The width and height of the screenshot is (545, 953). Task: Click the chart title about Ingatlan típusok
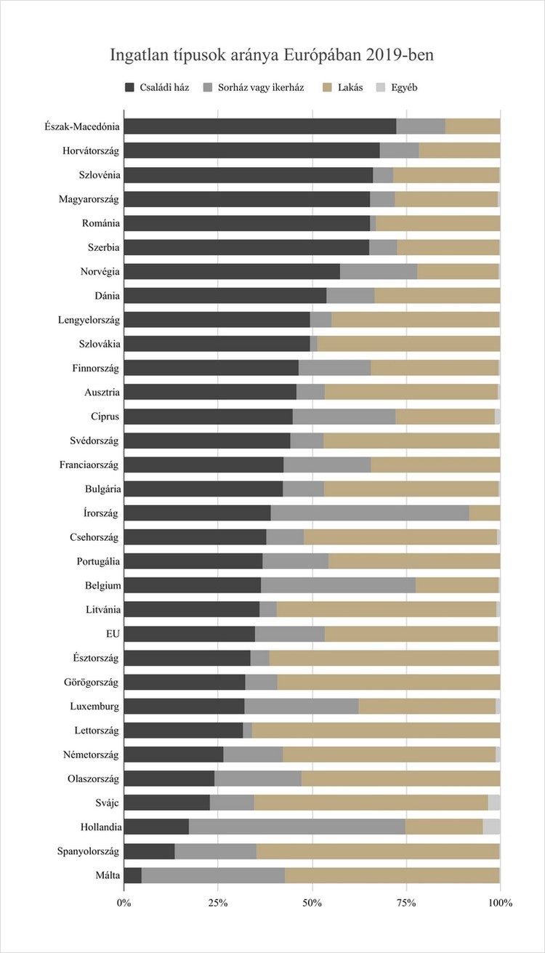(x=272, y=55)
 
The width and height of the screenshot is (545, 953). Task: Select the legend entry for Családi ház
(x=157, y=88)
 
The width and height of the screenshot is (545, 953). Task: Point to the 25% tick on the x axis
(x=218, y=903)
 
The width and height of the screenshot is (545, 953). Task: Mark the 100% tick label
(x=500, y=903)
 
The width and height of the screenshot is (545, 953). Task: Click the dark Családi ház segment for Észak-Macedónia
(x=259, y=126)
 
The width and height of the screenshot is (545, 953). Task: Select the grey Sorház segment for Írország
(x=370, y=512)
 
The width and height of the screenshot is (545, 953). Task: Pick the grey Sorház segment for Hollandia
(x=296, y=827)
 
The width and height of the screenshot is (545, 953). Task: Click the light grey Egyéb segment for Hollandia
(x=491, y=827)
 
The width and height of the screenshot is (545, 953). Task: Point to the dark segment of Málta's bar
(x=132, y=874)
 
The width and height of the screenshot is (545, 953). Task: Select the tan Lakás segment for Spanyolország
(x=378, y=851)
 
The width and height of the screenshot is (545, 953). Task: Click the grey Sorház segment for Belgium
(x=338, y=585)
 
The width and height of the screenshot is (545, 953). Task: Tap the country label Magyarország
(x=89, y=198)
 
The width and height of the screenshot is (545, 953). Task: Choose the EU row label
(x=113, y=633)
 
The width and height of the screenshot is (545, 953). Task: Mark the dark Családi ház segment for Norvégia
(x=232, y=271)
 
